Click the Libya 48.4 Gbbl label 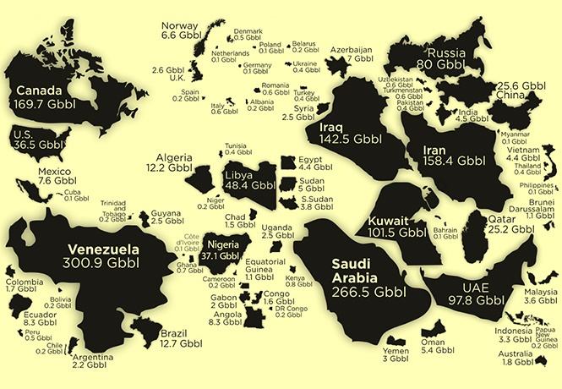point(250,180)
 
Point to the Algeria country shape point(203,178)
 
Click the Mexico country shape point(42,200)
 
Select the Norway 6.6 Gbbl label point(179,30)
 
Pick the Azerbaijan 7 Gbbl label point(349,54)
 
